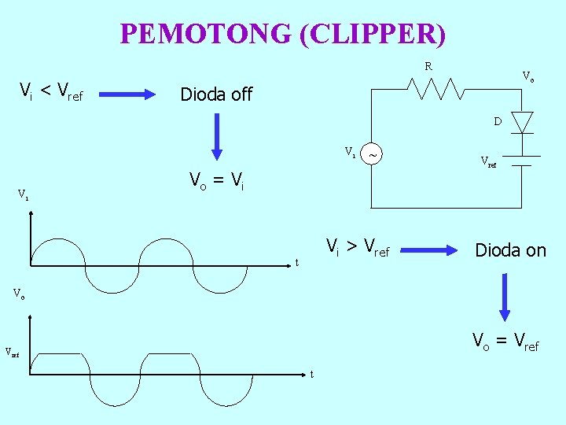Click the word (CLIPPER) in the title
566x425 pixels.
(373, 34)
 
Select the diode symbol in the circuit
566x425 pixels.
(522, 122)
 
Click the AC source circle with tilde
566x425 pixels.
(373, 155)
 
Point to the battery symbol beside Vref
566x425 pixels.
(518, 161)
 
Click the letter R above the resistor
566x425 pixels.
(428, 67)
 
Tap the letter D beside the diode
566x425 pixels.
(498, 122)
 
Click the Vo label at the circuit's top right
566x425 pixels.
(529, 76)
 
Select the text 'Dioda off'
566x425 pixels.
(216, 95)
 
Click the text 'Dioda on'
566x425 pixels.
(510, 250)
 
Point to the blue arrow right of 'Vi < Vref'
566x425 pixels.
(130, 95)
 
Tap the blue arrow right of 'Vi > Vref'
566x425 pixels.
(429, 251)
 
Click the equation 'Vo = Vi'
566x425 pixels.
(216, 182)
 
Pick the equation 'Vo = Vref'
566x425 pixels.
(505, 341)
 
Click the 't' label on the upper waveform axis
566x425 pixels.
(296, 263)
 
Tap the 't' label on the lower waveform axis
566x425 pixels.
(312, 374)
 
